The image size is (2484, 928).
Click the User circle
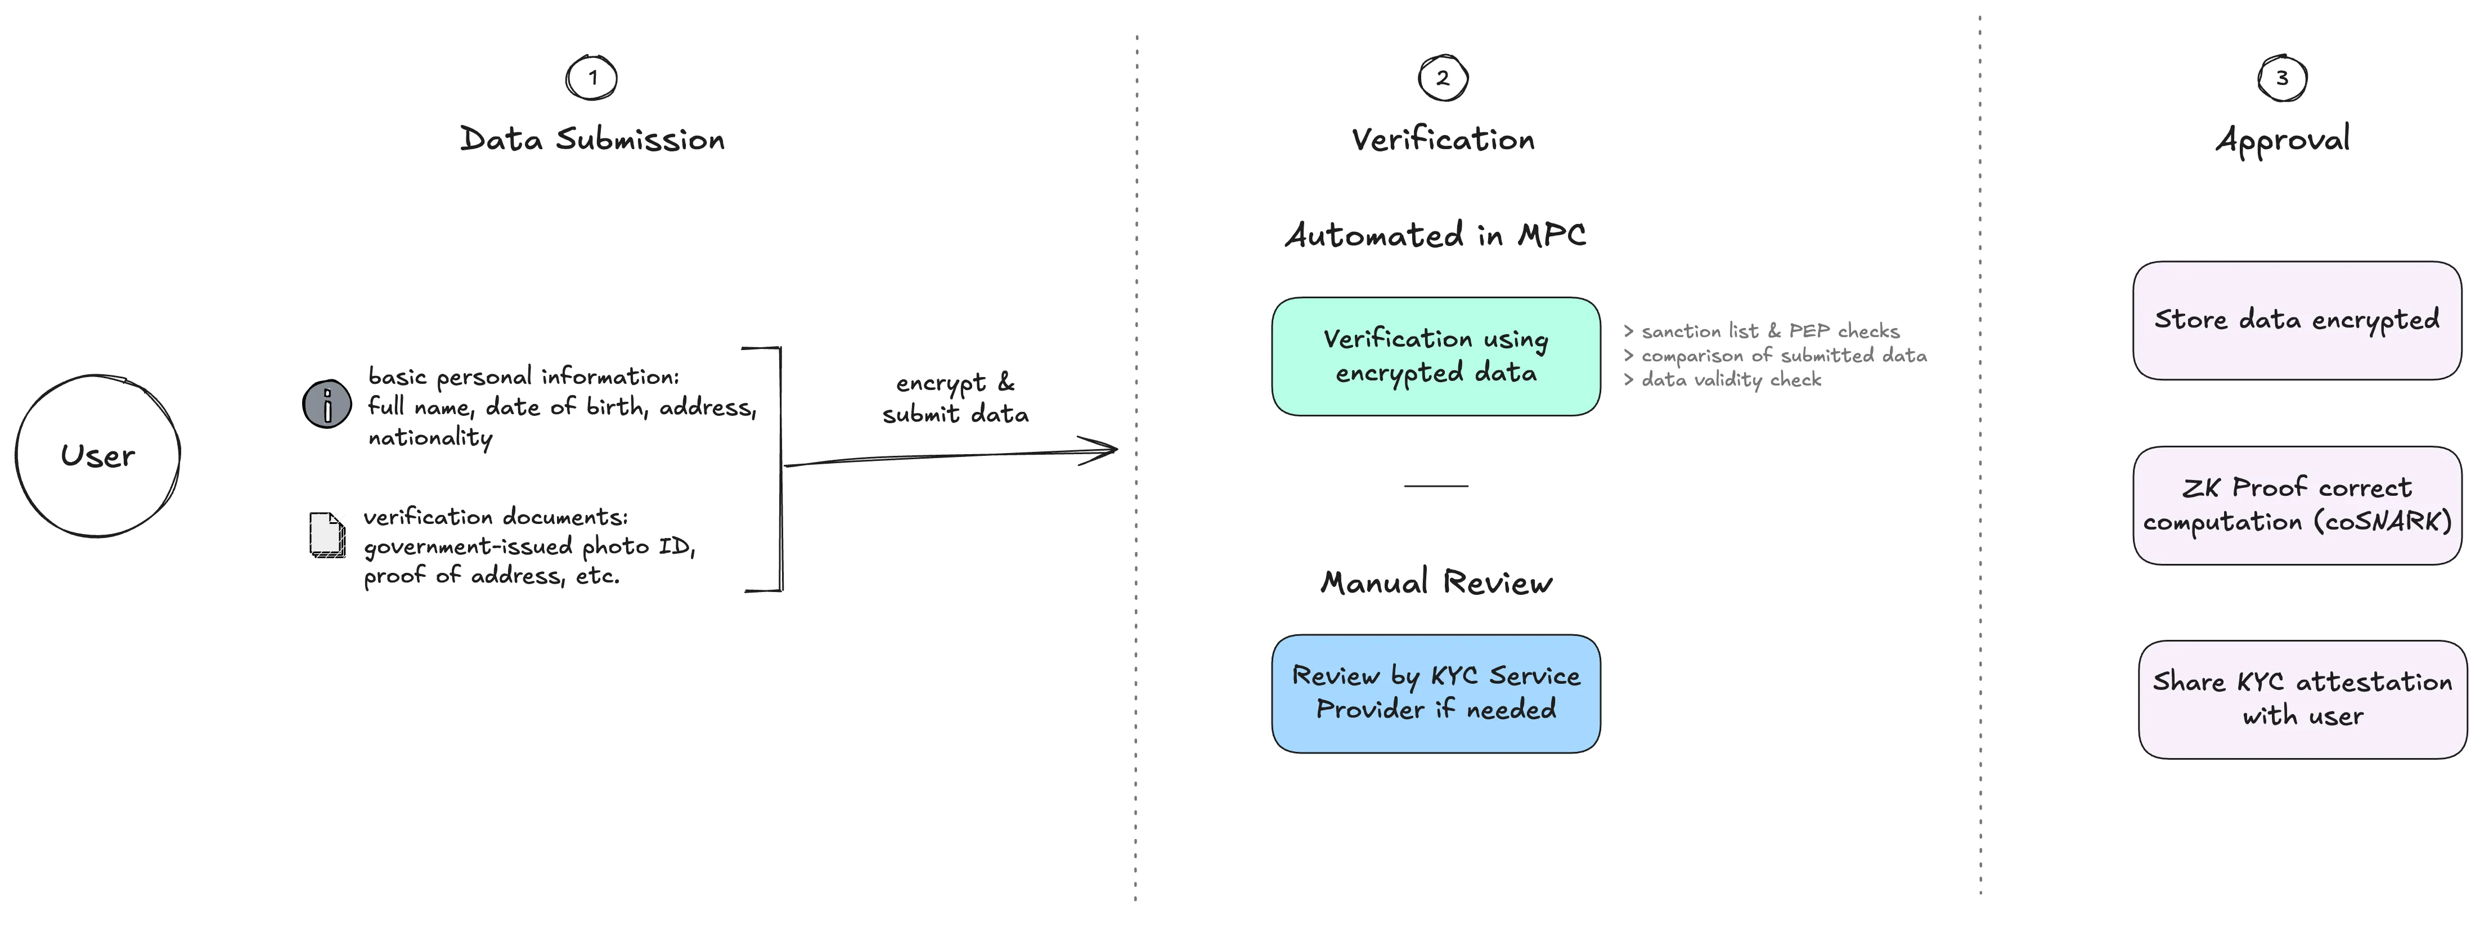pyautogui.click(x=97, y=455)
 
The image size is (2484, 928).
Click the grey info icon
pyautogui.click(x=327, y=404)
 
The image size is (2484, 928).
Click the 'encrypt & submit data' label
pyautogui.click(x=955, y=397)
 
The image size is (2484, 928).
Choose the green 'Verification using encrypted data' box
pyautogui.click(x=1436, y=356)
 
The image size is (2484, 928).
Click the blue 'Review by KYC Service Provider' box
pyautogui.click(x=1436, y=693)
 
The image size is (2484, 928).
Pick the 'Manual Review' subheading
pyautogui.click(x=1436, y=582)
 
